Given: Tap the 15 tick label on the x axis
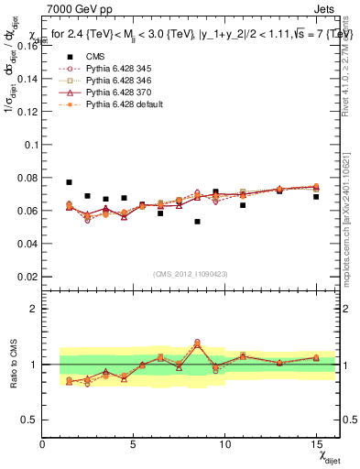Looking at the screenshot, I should pos(316,445).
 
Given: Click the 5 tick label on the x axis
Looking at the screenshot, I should pos(134,445).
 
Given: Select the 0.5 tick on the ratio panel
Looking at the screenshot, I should pos(29,420).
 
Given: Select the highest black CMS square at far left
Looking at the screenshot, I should pos(70,182).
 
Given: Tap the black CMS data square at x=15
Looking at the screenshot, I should pos(316,197).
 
